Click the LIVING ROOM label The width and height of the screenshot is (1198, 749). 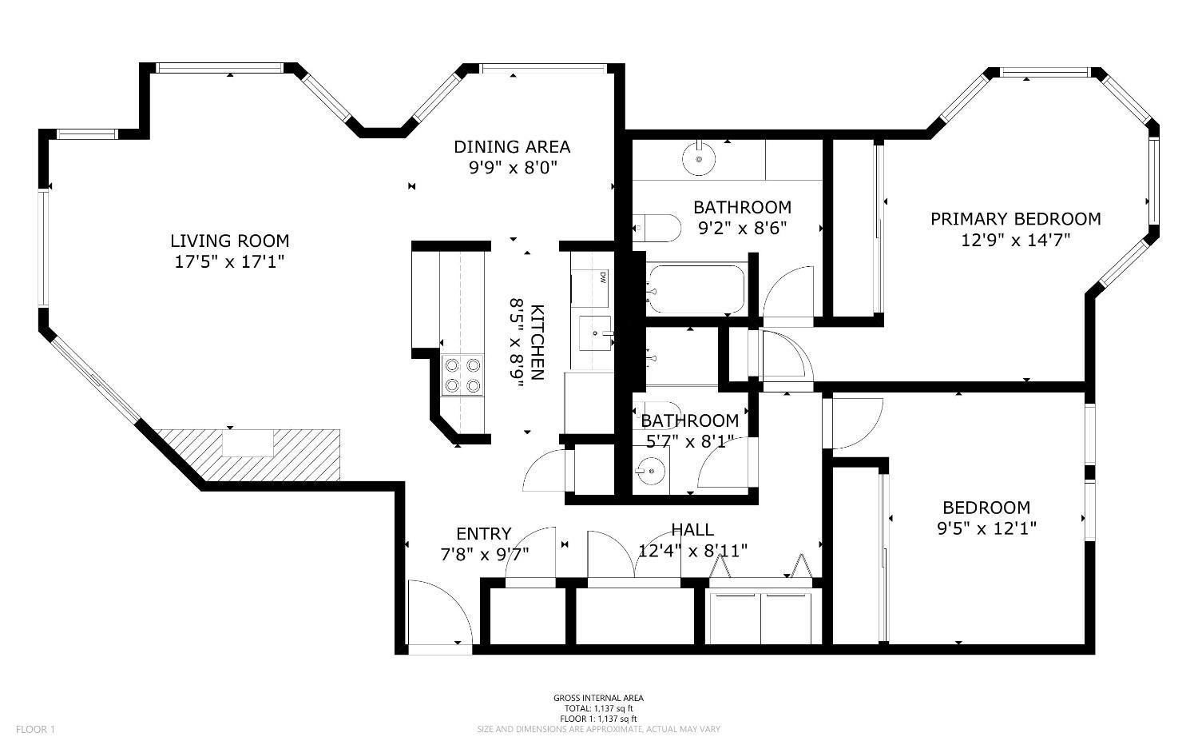[x=229, y=241]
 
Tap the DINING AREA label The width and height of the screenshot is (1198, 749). [x=512, y=147]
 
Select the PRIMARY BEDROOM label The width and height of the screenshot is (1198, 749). [x=1015, y=219]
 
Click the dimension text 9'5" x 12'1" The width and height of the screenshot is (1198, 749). [x=986, y=528]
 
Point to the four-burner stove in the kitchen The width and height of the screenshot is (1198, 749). [x=463, y=376]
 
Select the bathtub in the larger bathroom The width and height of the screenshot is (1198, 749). [x=696, y=289]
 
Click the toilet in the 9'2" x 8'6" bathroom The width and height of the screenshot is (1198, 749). [x=657, y=228]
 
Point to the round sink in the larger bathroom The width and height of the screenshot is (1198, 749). [x=700, y=159]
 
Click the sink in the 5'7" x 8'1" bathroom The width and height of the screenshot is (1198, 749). [x=653, y=471]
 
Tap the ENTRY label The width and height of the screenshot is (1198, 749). [x=483, y=534]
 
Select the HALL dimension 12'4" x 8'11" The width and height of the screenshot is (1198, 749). [x=692, y=551]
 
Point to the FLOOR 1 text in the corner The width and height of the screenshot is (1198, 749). [x=35, y=729]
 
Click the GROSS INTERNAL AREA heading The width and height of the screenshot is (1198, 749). [x=598, y=698]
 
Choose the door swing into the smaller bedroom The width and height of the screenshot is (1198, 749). [x=857, y=424]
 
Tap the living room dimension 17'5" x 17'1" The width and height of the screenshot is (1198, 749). [x=229, y=261]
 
